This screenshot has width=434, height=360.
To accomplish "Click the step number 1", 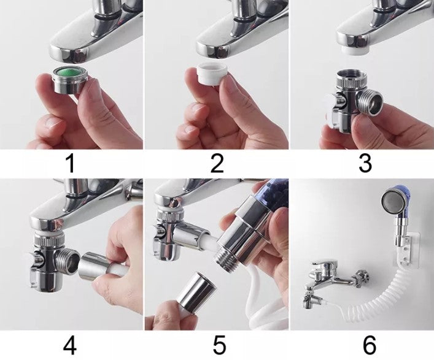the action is (x=71, y=163).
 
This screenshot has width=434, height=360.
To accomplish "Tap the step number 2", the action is (x=217, y=163).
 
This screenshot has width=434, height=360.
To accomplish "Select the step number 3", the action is (x=365, y=163).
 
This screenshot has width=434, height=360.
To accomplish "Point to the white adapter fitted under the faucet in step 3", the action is (x=355, y=51).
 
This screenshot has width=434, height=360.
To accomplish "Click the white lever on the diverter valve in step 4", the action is (x=31, y=266).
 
